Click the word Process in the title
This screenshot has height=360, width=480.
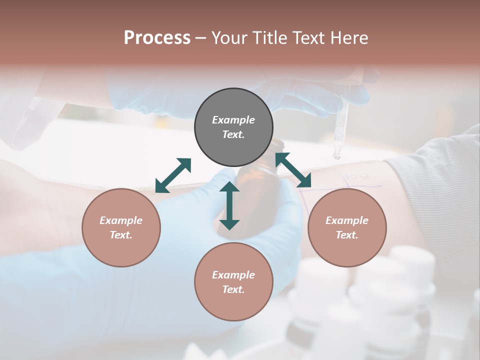(157, 38)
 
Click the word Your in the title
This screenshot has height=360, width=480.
(229, 38)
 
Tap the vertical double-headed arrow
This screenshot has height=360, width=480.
(229, 205)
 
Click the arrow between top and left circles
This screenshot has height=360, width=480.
(173, 175)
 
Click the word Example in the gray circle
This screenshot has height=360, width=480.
(233, 120)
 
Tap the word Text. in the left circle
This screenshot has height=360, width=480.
(121, 235)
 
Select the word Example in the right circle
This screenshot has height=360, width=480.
(347, 220)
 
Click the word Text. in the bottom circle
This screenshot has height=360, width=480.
(233, 289)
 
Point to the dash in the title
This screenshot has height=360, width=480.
(200, 38)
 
